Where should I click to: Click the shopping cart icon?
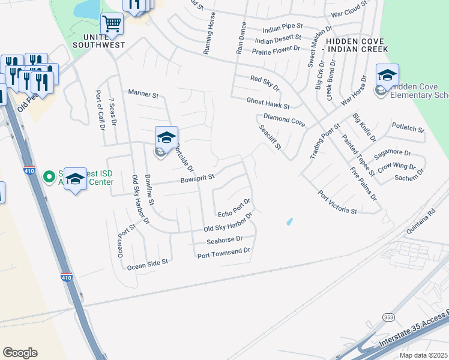(112, 24)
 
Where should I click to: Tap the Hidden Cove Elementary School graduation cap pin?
(387, 75)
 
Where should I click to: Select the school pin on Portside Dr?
(166, 137)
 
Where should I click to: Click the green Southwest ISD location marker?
(49, 176)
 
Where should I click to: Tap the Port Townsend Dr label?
(223, 256)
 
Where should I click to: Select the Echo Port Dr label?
(234, 211)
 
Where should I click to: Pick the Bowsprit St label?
(197, 179)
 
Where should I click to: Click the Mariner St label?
(143, 94)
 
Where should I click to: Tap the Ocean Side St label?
(146, 263)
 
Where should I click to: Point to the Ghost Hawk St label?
(268, 103)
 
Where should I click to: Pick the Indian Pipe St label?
(282, 28)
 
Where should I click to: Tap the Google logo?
(20, 353)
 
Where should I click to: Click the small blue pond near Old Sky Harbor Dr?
(290, 222)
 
